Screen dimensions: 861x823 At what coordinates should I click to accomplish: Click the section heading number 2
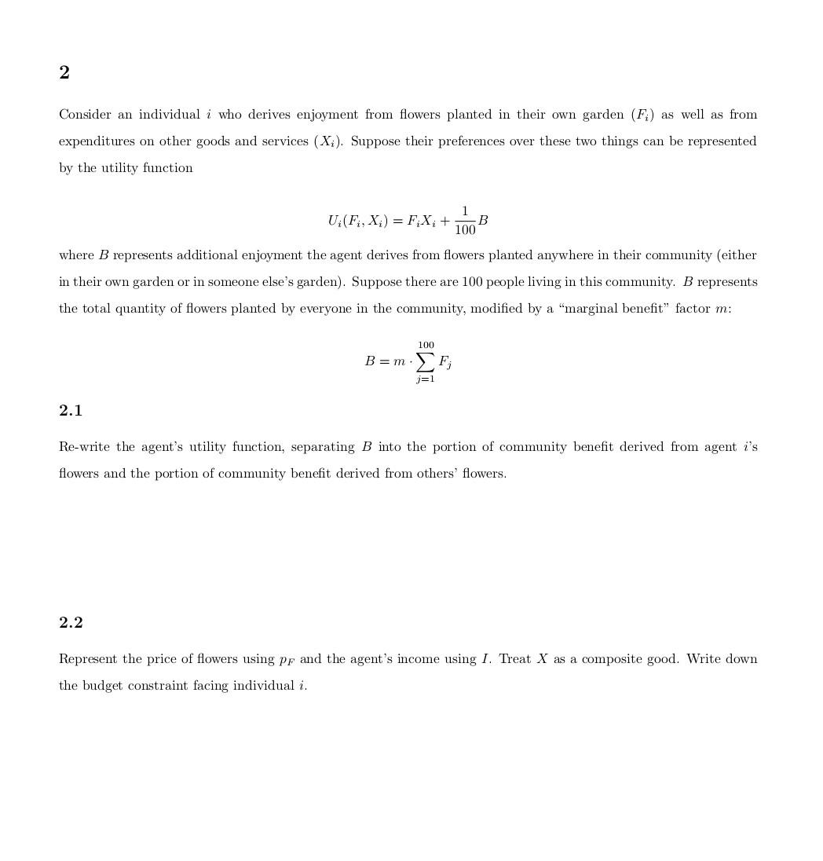pos(64,72)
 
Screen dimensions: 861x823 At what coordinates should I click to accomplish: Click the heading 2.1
pos(71,410)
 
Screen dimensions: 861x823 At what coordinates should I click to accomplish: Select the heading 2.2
pos(71,622)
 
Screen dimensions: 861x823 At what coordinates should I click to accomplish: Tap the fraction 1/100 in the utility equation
pos(465,221)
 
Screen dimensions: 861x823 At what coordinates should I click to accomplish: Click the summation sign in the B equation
pos(425,361)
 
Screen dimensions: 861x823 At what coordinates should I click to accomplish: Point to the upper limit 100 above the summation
pos(426,345)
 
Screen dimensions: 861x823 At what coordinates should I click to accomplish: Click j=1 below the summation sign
pos(425,379)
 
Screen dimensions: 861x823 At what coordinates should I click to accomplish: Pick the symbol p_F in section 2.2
pos(287,660)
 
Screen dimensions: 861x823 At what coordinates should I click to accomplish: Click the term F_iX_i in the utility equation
pos(421,222)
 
